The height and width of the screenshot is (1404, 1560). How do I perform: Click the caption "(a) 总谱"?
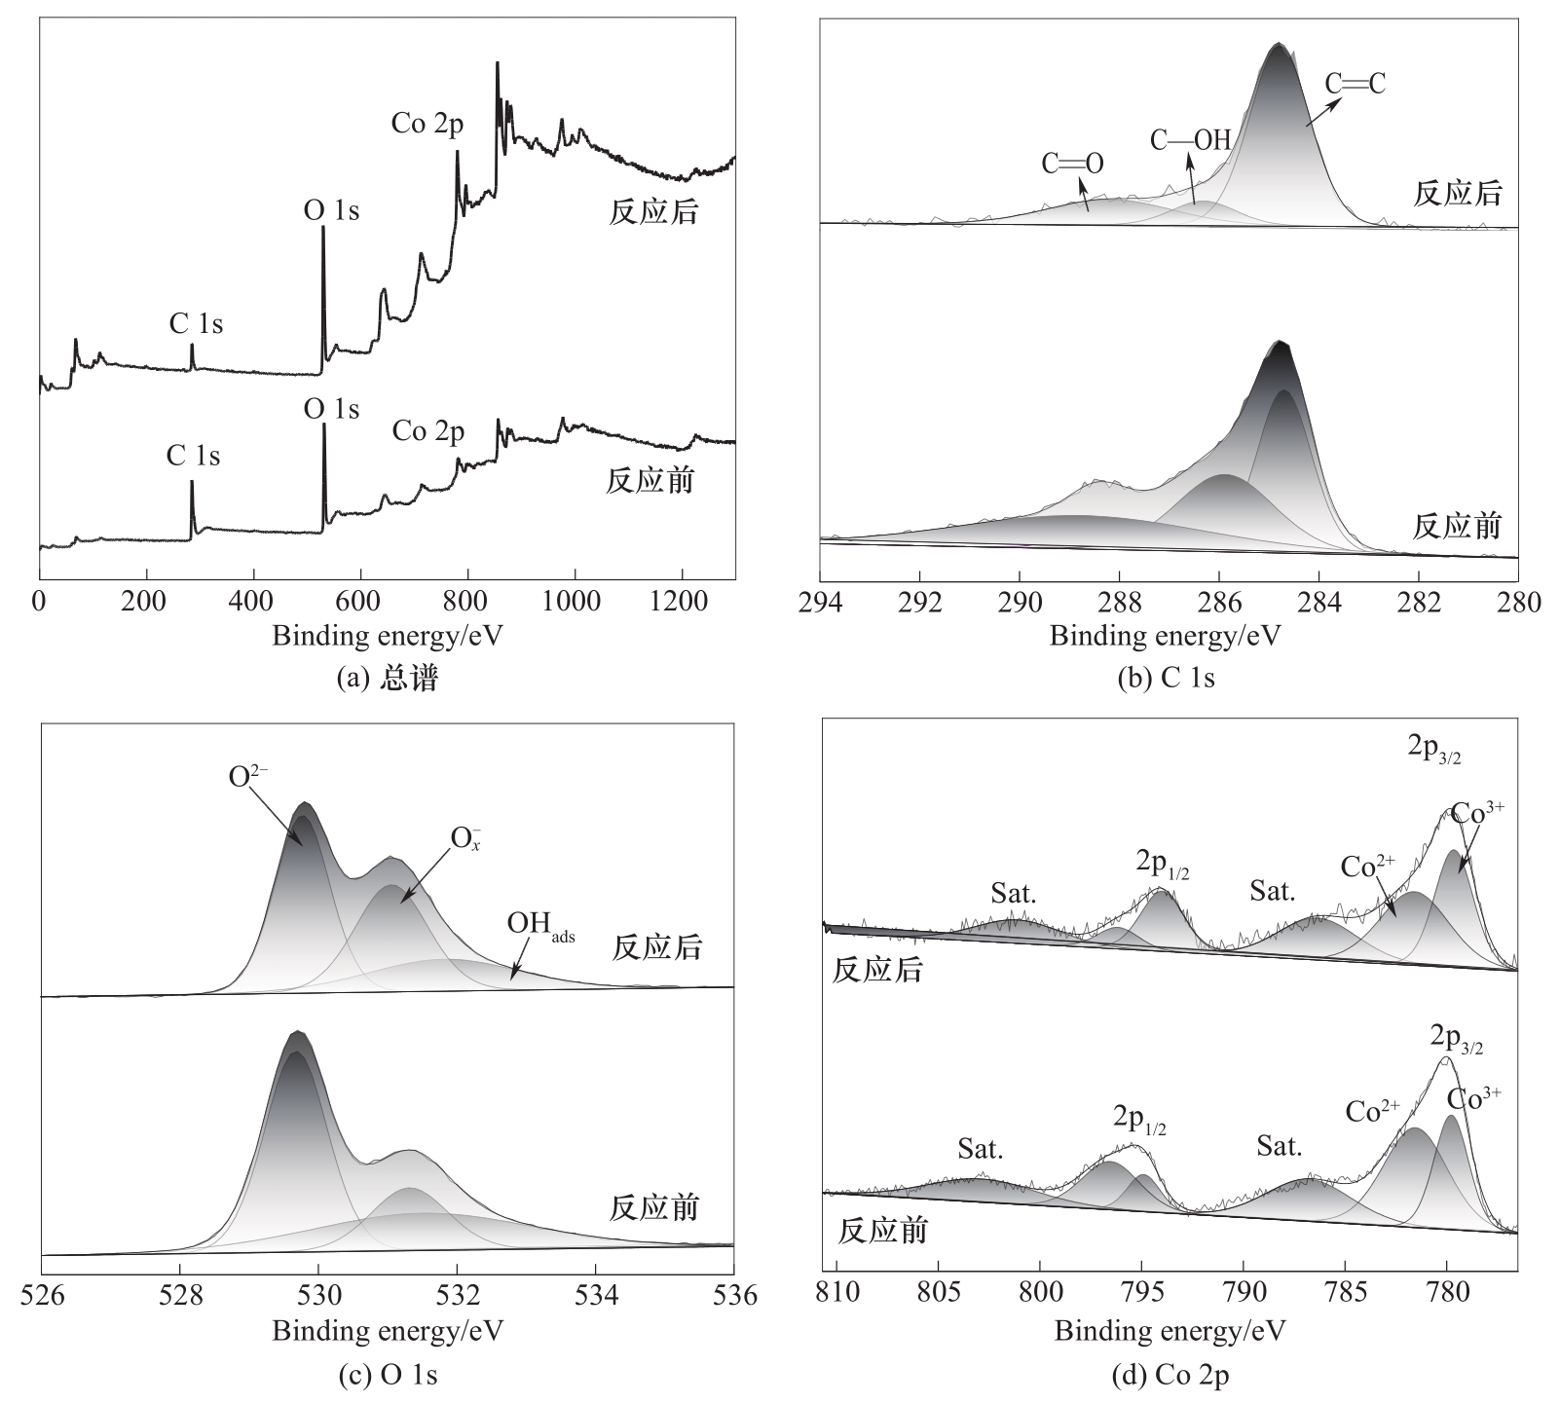tap(387, 679)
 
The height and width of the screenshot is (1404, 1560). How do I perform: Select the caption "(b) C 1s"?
tap(1166, 679)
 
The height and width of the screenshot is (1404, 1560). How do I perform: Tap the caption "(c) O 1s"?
tap(387, 1375)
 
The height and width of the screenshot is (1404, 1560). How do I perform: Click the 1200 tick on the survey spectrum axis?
tap(1193, 602)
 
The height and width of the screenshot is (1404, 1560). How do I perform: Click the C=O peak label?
tap(1072, 164)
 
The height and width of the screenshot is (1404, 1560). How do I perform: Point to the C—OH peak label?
tap(1190, 140)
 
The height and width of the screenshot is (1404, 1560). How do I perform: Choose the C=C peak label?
tap(1355, 84)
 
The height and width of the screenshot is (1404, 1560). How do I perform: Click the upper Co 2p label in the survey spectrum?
tap(427, 124)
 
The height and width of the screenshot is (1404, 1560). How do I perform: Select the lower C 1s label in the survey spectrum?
tap(194, 456)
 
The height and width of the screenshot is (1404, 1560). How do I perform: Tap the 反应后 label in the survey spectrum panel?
tap(653, 212)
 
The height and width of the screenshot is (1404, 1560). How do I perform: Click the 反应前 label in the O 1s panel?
tap(654, 1208)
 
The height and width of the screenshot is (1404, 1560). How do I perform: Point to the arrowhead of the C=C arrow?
tap(1308, 124)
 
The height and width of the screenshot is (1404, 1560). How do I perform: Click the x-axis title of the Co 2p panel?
tap(1170, 1330)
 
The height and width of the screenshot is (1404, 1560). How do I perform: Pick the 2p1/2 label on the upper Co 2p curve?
tap(1162, 865)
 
